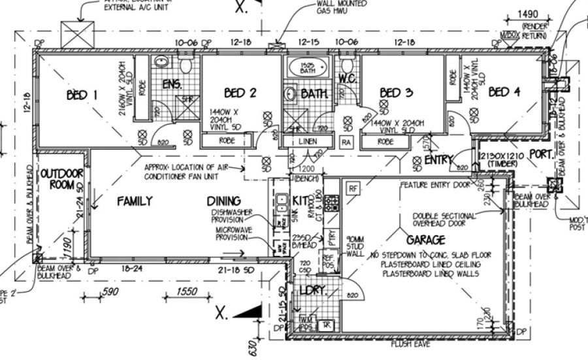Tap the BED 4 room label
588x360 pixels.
503,92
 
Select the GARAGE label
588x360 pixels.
426,240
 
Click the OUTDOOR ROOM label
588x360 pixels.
61,179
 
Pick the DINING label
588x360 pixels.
224,201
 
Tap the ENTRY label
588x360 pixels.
439,160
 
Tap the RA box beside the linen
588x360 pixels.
346,142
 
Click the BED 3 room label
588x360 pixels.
397,93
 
